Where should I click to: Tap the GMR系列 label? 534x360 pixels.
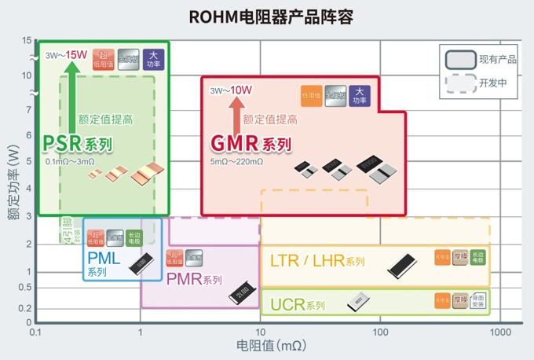tap(251, 145)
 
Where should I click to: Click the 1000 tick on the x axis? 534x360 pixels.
tap(499, 332)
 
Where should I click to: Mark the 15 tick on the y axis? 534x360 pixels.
tap(27, 40)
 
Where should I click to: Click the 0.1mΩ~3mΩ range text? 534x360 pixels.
tap(70, 161)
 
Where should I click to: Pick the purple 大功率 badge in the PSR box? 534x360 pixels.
tap(153, 58)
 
